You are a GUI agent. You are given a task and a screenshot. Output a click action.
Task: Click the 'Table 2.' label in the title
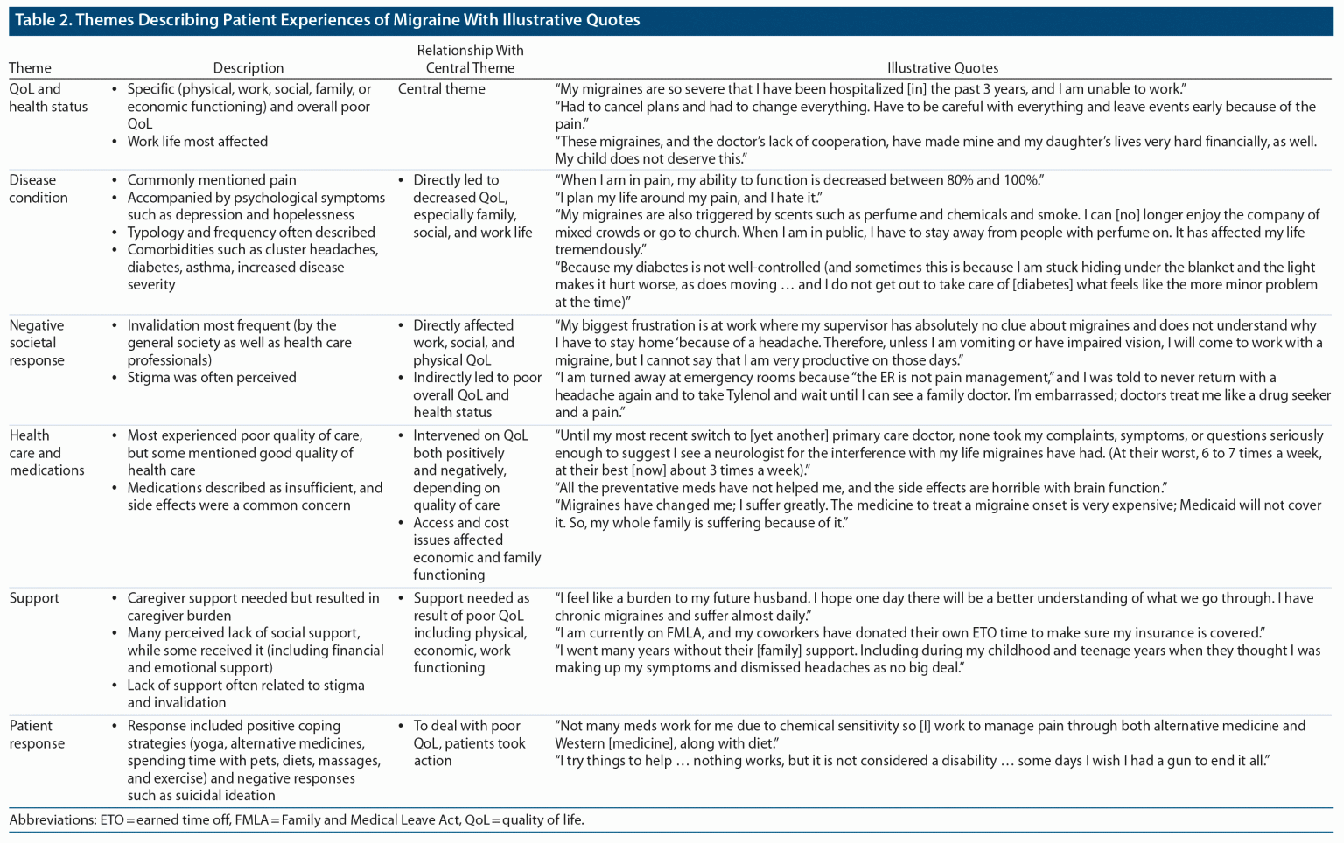pyautogui.click(x=42, y=20)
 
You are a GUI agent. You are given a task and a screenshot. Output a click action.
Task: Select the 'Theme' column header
pyautogui.click(x=30, y=68)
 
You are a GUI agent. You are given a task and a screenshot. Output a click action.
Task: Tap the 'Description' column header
pyautogui.click(x=248, y=68)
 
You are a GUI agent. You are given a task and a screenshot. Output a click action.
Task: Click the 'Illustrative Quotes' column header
pyautogui.click(x=942, y=68)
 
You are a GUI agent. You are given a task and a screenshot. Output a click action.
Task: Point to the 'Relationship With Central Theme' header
pyautogui.click(x=470, y=59)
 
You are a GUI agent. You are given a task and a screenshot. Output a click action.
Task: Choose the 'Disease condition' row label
pyautogui.click(x=38, y=189)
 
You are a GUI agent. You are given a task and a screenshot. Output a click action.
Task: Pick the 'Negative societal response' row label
pyautogui.click(x=37, y=343)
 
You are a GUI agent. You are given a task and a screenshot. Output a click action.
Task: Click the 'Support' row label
pyautogui.click(x=34, y=598)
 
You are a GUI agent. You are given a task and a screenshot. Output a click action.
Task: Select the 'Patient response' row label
pyautogui.click(x=37, y=735)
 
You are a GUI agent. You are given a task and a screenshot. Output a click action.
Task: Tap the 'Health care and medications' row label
pyautogui.click(x=47, y=453)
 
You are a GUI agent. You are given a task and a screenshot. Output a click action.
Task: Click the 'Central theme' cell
pyautogui.click(x=441, y=89)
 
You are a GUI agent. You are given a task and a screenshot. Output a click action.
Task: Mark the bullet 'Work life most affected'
pyautogui.click(x=198, y=142)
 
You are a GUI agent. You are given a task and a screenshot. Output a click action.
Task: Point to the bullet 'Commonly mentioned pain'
pyautogui.click(x=212, y=180)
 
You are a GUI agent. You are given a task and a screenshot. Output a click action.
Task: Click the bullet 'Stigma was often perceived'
pyautogui.click(x=212, y=378)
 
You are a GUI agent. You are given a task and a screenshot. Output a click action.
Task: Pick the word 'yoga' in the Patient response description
pyautogui.click(x=206, y=743)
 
